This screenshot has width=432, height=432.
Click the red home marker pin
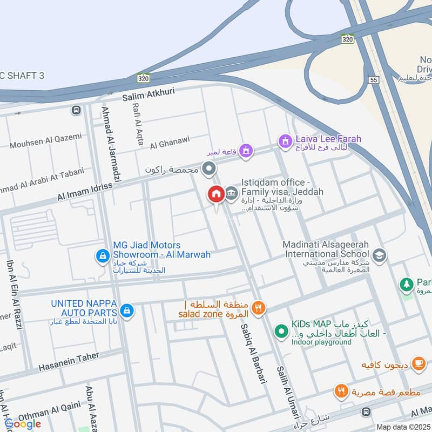(x=217, y=194)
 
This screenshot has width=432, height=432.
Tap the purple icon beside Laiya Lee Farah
(x=284, y=141)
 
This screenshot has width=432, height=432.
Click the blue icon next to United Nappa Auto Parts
(x=126, y=310)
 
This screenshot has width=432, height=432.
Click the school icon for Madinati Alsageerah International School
(x=380, y=254)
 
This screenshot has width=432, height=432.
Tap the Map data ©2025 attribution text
(x=402, y=427)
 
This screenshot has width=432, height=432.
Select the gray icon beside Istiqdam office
(x=231, y=193)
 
